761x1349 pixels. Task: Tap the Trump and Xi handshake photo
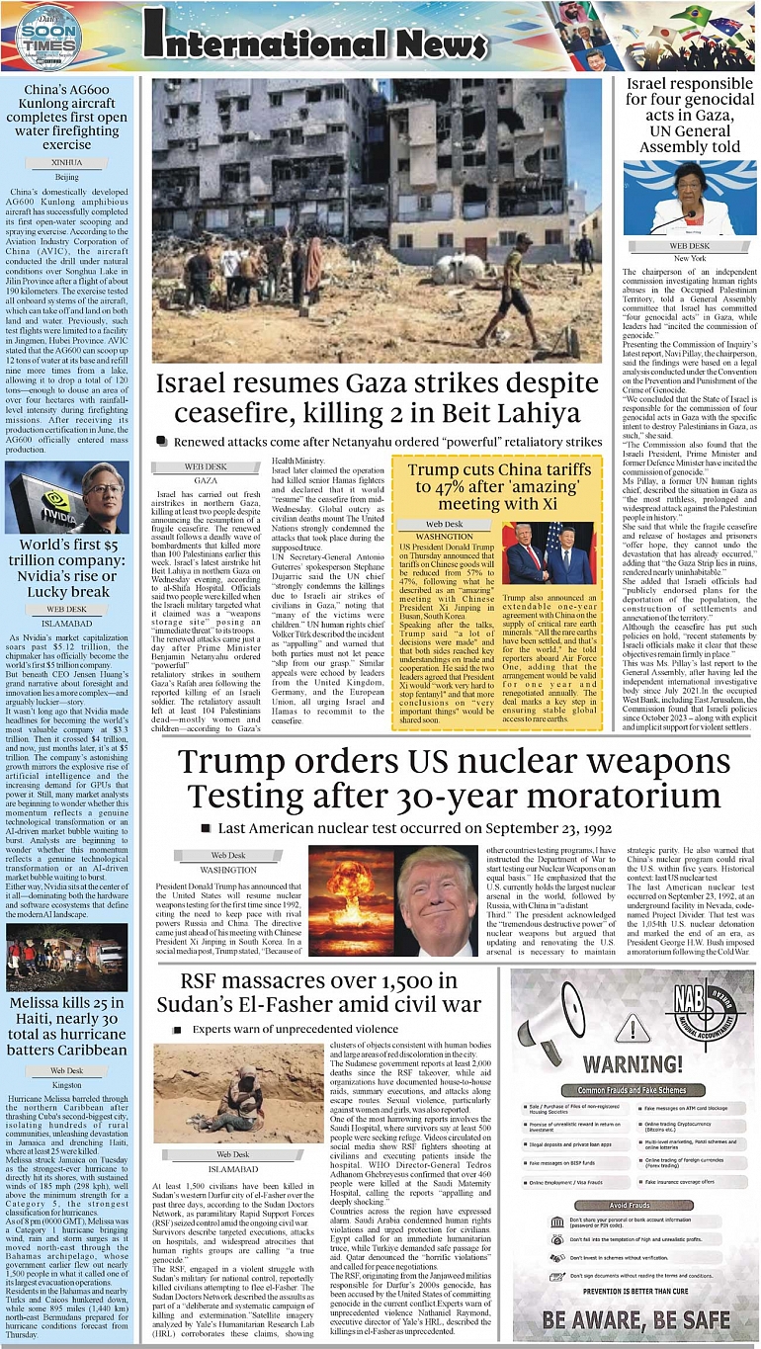(x=550, y=554)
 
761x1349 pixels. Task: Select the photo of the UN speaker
(x=689, y=198)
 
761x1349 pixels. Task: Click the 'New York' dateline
(x=689, y=258)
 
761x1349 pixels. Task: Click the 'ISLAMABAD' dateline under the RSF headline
(x=232, y=1168)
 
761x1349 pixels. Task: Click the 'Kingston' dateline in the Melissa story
(x=67, y=1084)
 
